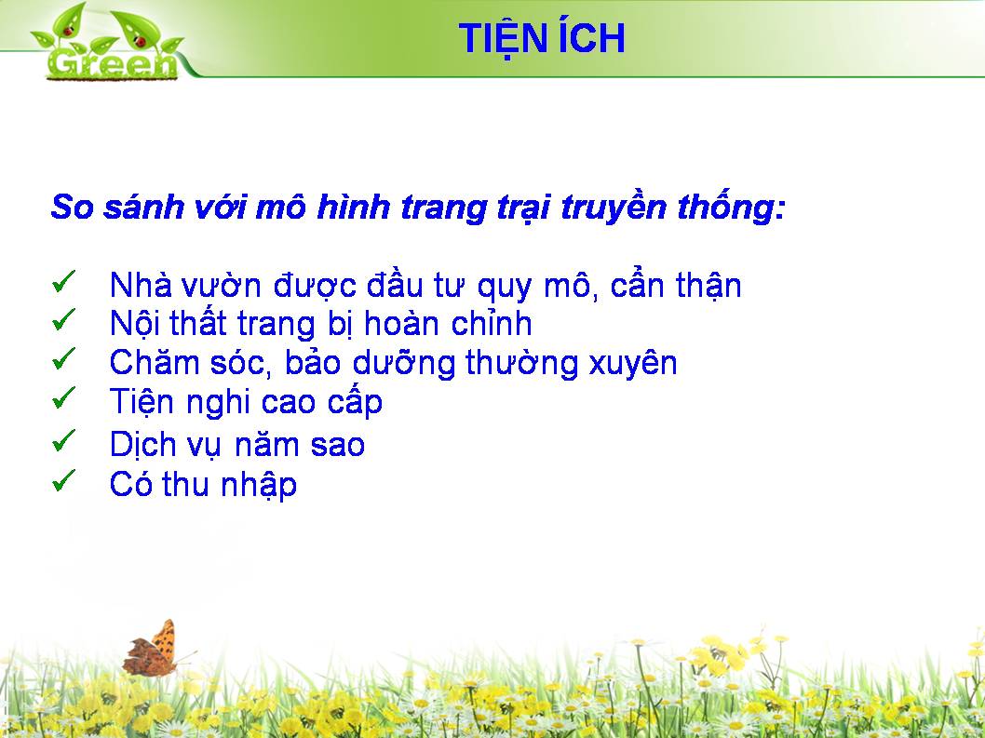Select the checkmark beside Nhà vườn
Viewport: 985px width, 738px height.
(64, 281)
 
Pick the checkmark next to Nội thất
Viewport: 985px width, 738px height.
(64, 320)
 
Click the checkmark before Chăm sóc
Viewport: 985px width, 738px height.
(64, 358)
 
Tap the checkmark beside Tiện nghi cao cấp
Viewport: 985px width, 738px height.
(64, 397)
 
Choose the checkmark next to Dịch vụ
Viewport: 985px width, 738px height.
(64, 440)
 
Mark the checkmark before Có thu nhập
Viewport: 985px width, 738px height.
(64, 480)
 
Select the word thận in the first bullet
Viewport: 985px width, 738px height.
(708, 286)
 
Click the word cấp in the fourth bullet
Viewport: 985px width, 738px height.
(355, 403)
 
